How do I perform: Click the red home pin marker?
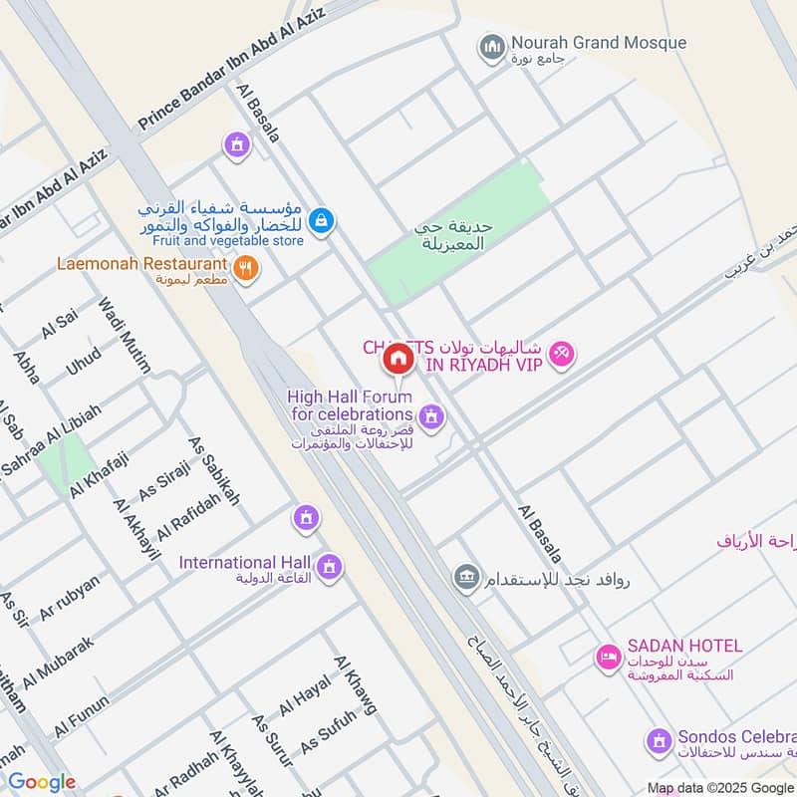[398, 359]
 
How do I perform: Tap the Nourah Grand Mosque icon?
[490, 47]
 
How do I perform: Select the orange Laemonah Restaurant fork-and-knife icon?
[245, 267]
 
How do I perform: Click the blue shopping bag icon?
[320, 221]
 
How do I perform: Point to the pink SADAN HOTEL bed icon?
[607, 657]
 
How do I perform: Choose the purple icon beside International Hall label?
[330, 568]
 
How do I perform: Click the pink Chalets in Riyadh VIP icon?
[562, 354]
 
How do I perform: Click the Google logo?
[42, 782]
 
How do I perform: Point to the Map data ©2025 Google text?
[720, 787]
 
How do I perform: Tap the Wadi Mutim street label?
[124, 335]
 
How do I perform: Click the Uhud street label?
[84, 361]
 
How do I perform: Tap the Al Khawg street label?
[356, 685]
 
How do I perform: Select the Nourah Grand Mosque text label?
[598, 43]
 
